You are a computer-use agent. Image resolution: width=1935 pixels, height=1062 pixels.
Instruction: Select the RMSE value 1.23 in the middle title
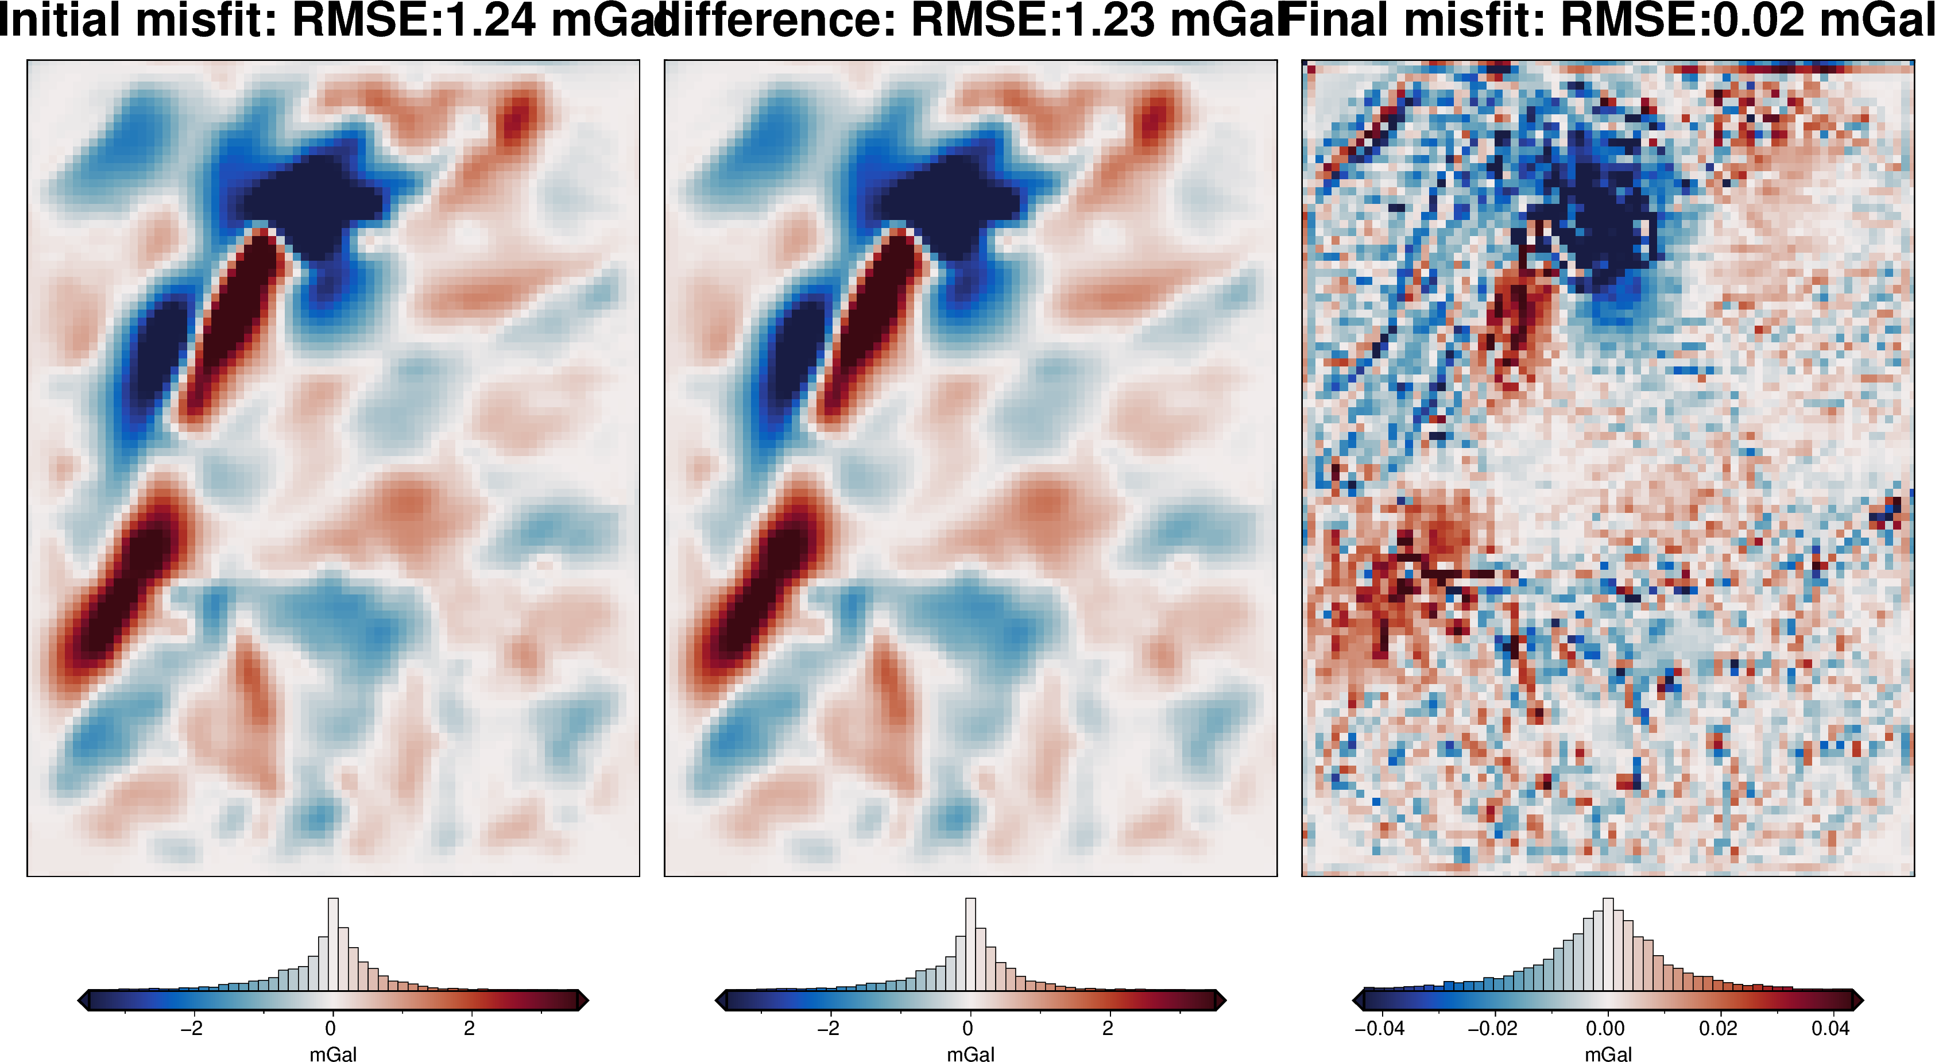(1108, 20)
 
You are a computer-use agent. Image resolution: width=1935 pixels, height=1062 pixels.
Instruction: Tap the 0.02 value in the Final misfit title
(1757, 20)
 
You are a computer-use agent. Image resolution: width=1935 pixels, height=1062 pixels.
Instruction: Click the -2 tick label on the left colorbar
(192, 1028)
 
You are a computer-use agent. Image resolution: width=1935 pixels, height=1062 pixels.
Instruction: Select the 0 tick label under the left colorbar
(331, 1028)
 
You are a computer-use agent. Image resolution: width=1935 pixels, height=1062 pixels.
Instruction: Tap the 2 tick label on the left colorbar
(470, 1028)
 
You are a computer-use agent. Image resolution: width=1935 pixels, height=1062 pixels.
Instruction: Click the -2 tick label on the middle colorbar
(829, 1028)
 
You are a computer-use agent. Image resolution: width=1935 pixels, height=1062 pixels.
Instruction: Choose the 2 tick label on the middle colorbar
(1107, 1028)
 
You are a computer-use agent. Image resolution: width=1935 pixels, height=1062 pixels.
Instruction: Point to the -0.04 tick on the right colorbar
(1379, 1028)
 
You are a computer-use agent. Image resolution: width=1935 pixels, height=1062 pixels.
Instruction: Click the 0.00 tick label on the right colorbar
(1605, 1028)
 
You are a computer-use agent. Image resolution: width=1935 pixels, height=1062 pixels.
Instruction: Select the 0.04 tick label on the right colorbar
(1830, 1028)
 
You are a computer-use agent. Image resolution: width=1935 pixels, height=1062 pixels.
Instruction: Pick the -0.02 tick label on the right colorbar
(1492, 1028)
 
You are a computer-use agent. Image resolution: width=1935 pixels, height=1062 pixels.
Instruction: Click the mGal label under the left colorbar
(333, 1055)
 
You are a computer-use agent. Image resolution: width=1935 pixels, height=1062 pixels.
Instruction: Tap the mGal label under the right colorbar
(1608, 1055)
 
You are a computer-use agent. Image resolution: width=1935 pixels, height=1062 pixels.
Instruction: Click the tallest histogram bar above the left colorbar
(333, 943)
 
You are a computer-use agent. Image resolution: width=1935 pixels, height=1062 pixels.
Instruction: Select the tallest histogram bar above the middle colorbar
(970, 943)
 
